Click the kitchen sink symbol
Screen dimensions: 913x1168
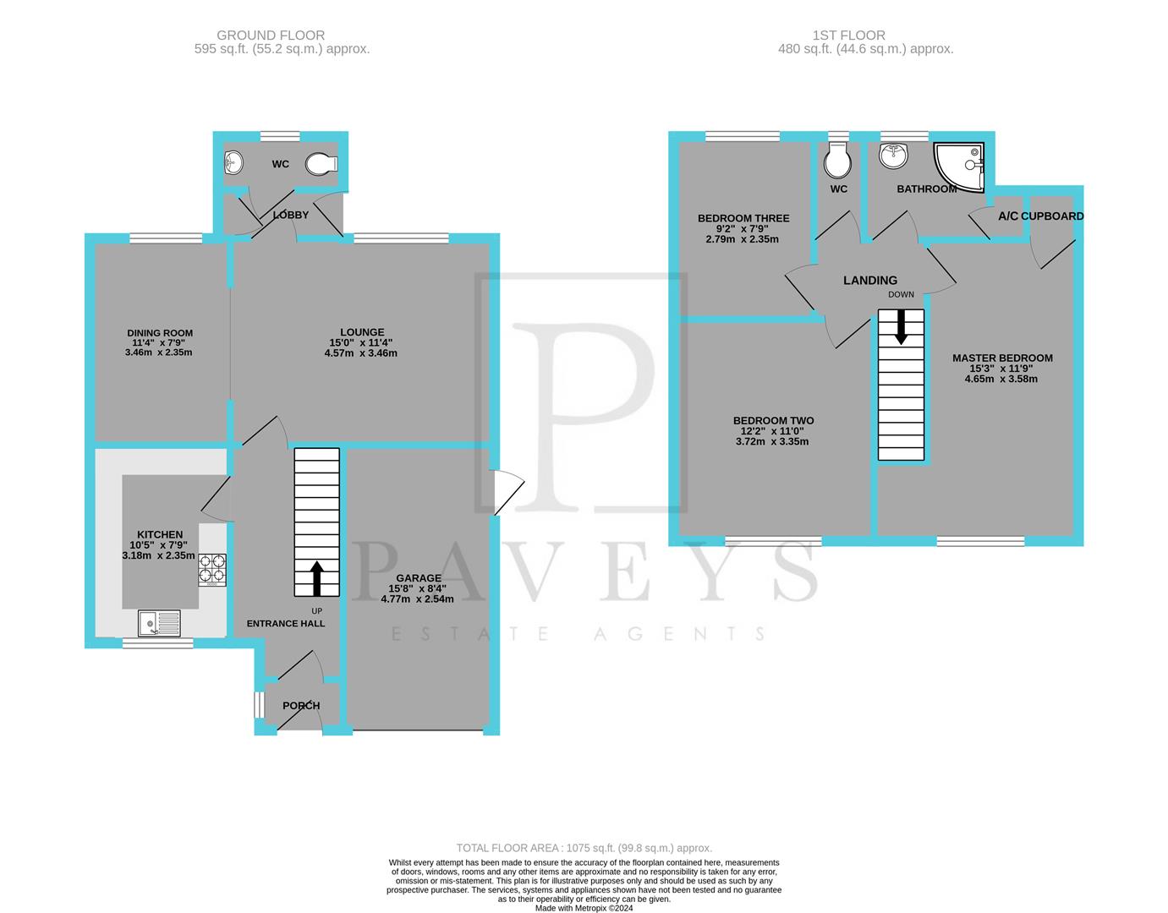(x=159, y=624)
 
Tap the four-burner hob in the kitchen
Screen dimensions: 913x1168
(x=212, y=570)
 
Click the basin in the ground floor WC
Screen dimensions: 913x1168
(x=233, y=162)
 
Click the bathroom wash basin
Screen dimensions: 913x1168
(x=892, y=155)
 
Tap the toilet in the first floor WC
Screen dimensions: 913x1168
(x=838, y=158)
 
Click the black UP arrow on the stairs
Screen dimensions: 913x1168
(x=317, y=578)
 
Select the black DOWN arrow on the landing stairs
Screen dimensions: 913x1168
(x=901, y=326)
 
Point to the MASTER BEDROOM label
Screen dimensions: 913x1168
(x=1002, y=358)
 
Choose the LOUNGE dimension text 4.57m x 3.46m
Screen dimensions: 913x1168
(x=360, y=353)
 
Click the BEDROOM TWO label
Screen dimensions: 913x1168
(x=773, y=420)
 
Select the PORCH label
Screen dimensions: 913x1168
(x=301, y=706)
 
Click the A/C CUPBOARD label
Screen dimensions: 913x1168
(x=1040, y=216)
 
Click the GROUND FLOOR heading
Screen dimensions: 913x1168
(x=271, y=35)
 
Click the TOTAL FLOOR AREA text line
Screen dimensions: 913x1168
(x=584, y=847)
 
